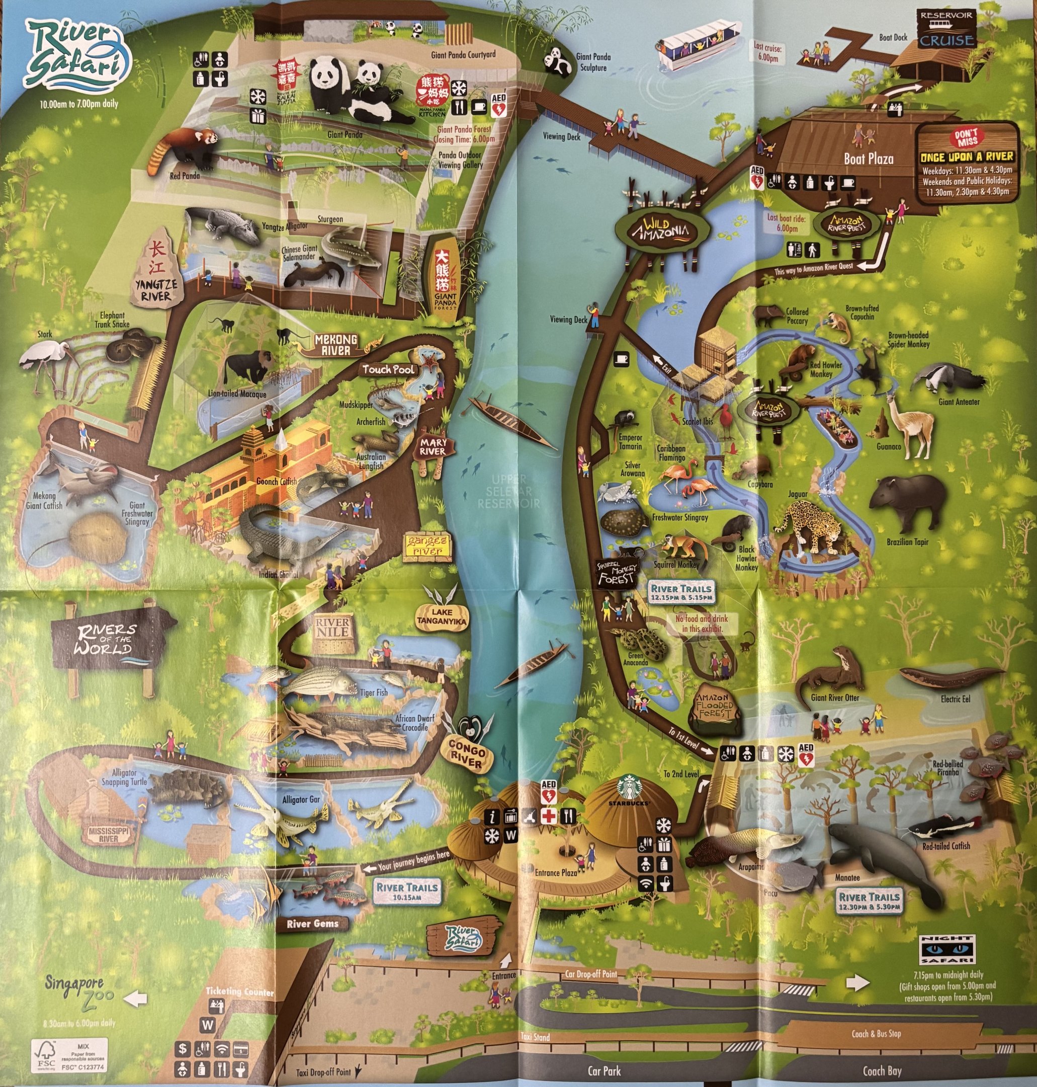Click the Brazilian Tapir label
(907, 542)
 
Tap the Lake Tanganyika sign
(442, 616)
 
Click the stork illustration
(47, 357)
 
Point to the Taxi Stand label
(535, 1037)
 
